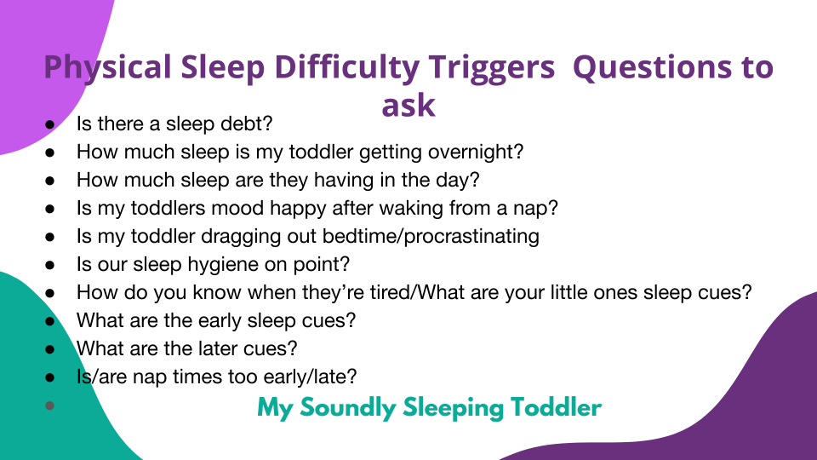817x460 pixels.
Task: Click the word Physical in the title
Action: click(x=107, y=68)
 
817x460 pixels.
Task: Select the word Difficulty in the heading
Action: click(x=346, y=68)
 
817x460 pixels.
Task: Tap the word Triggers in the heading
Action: click(x=492, y=68)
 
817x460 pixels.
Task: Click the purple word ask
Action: click(x=408, y=105)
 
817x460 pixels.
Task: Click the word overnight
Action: click(x=475, y=152)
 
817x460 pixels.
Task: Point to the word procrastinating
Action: click(x=471, y=237)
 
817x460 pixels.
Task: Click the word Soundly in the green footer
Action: click(x=347, y=408)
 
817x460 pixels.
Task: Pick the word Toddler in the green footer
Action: click(x=556, y=407)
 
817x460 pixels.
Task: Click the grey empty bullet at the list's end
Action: click(x=50, y=405)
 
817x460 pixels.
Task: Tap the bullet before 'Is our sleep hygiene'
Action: click(x=50, y=265)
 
